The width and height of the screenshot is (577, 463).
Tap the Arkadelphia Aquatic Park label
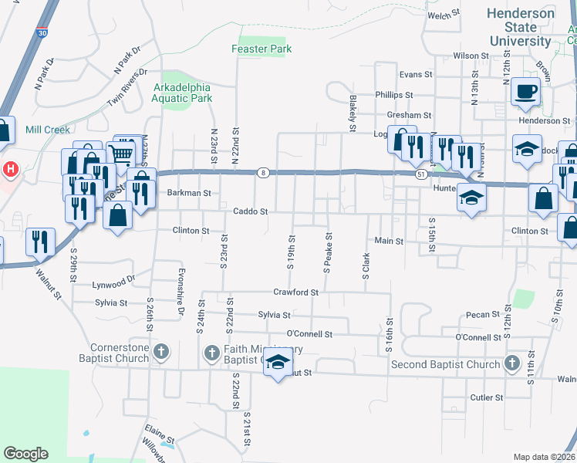click(181, 93)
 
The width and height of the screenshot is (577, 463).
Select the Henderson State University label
click(521, 26)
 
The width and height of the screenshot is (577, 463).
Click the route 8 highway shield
click(263, 173)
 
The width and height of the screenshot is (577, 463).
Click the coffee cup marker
click(525, 92)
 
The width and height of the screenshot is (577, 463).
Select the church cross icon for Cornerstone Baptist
click(160, 353)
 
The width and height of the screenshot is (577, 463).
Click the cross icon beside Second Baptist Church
click(511, 363)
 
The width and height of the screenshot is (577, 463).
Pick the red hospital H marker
click(10, 168)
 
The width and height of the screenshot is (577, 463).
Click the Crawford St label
click(295, 292)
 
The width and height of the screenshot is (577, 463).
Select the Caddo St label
click(251, 211)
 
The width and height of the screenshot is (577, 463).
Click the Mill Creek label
click(48, 130)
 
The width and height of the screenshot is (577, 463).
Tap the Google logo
click(25, 454)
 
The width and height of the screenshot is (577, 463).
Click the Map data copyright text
click(543, 457)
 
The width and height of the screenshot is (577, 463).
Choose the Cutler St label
click(486, 397)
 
